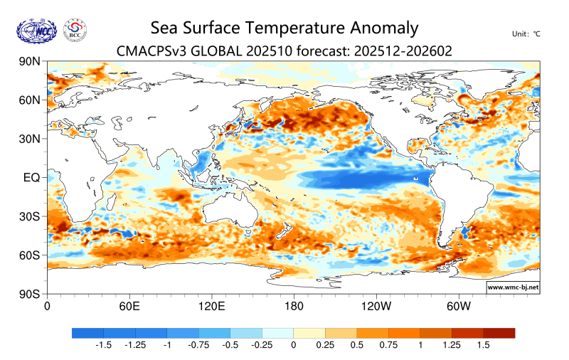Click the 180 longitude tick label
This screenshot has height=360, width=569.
click(294, 307)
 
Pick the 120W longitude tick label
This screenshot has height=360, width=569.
click(376, 307)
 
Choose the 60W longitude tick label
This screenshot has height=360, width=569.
click(459, 307)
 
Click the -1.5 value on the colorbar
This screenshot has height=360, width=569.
click(103, 345)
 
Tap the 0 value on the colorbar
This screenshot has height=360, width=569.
click(293, 345)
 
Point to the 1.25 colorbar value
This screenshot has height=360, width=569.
click(451, 345)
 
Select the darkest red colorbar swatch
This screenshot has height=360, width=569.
click(499, 333)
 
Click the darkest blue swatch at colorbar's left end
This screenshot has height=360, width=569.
click(87, 333)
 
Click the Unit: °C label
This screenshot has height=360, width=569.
click(526, 34)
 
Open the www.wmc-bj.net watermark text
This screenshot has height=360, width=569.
click(512, 287)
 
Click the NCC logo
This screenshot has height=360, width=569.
click(36, 30)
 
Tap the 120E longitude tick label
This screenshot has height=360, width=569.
click(211, 307)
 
